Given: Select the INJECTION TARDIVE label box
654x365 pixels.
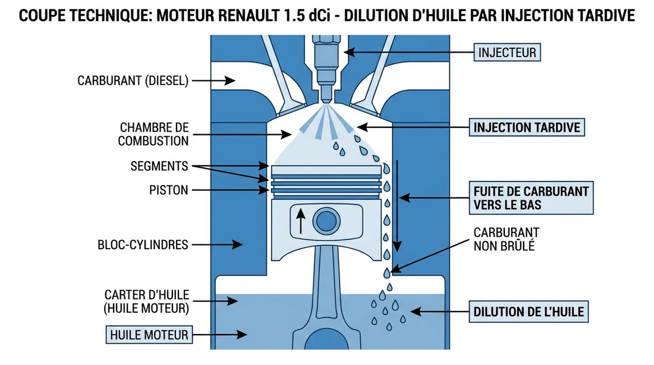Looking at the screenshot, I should tap(527, 127).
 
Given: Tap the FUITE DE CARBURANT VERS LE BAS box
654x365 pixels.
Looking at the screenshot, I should tap(531, 198).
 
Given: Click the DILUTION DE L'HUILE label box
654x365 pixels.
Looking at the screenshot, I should tap(529, 311).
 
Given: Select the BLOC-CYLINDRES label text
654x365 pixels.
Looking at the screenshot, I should tap(143, 244).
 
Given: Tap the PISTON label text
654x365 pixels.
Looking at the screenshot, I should tap(168, 191).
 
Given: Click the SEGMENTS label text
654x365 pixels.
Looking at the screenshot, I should tap(159, 166).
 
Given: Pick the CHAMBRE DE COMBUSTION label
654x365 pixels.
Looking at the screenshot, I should tap(153, 134).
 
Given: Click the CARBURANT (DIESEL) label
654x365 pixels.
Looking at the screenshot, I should tap(133, 81).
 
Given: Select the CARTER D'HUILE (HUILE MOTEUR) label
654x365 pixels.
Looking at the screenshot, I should tap(146, 301).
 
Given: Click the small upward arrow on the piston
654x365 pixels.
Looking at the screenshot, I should tap(301, 221).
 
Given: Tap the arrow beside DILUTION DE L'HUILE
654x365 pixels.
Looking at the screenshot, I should tap(436, 311).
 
